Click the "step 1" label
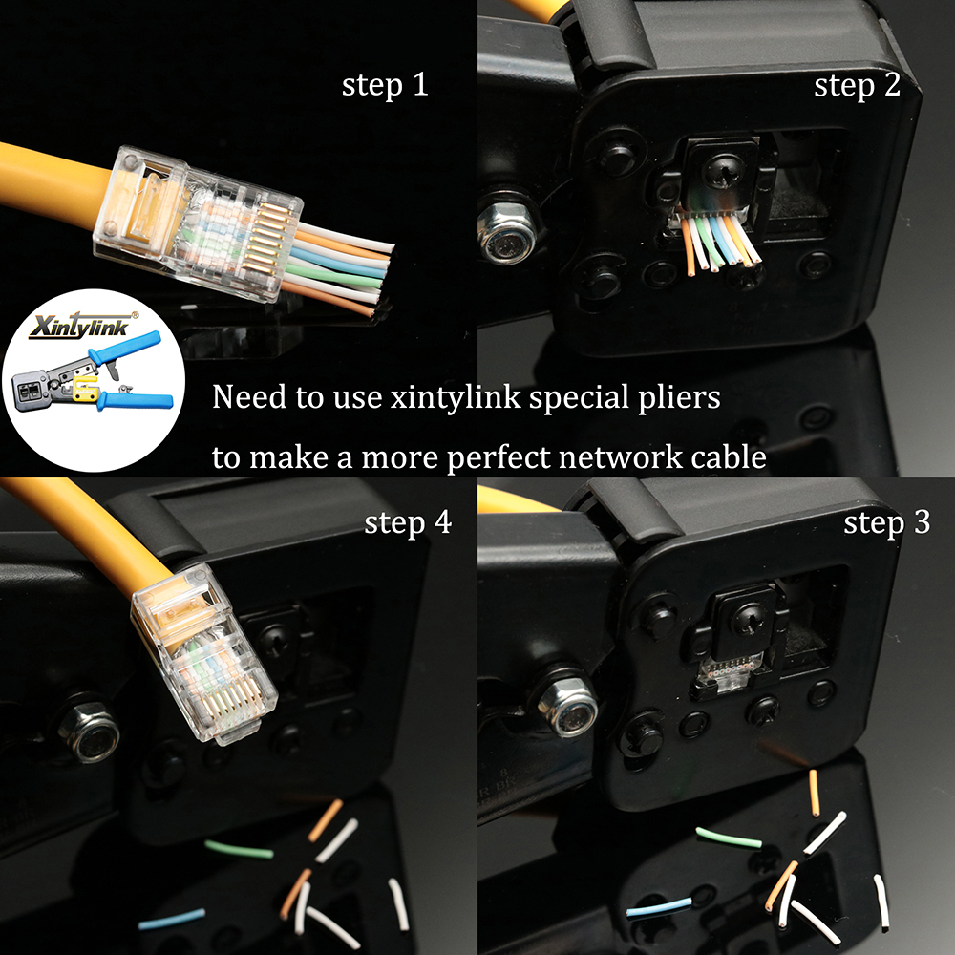385,86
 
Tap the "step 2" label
857,86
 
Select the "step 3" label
887,523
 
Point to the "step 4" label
408,523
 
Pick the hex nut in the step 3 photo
566,705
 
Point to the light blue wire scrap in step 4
171,919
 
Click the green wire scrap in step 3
729,838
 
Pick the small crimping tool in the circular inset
91,382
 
